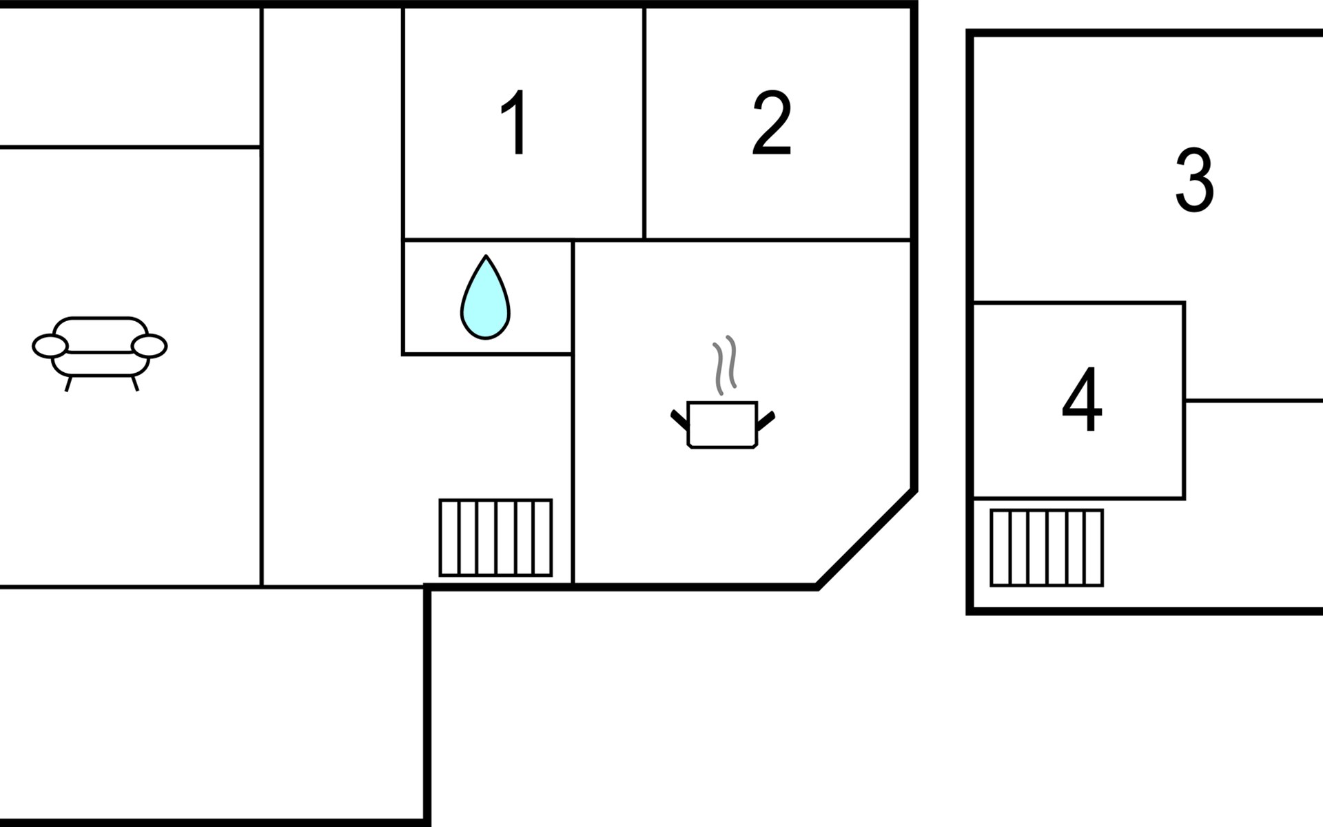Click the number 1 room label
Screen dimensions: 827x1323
[x=515, y=123]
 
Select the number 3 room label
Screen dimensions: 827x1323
[x=1194, y=180]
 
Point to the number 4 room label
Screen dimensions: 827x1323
[x=1082, y=400]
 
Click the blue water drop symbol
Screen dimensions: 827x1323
[x=485, y=298]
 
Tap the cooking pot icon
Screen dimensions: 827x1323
[x=722, y=425]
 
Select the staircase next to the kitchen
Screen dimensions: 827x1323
[x=495, y=538]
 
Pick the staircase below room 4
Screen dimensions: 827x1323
[x=1047, y=548]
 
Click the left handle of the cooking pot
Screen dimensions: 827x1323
[x=679, y=419]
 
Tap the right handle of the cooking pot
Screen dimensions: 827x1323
[x=766, y=419]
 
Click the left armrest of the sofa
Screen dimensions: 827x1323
[x=50, y=346]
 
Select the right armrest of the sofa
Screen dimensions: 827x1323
[x=150, y=346]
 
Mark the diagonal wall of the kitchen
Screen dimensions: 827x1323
[x=866, y=538]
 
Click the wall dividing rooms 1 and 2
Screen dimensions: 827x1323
[x=644, y=124]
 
